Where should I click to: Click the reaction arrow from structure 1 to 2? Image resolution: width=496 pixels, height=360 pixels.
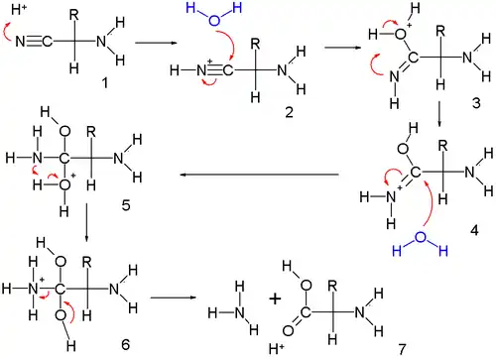(154, 44)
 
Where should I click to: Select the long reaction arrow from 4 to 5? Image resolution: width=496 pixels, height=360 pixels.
(258, 176)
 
